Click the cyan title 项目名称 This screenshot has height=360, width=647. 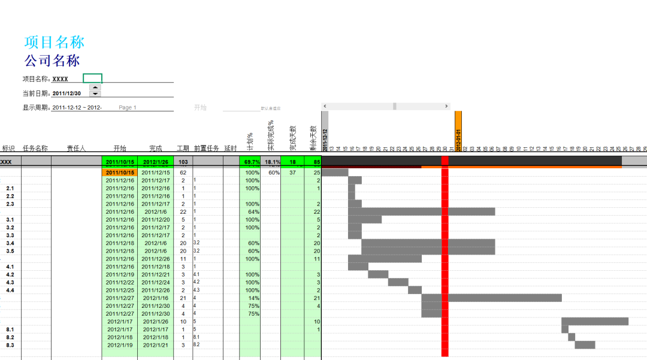point(55,42)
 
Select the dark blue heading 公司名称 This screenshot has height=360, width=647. point(52,60)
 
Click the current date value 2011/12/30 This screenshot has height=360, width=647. point(66,93)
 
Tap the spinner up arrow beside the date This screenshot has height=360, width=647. point(95,87)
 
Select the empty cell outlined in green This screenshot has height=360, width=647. point(92,78)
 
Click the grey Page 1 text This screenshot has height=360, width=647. point(128,108)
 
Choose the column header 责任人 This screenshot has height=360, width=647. point(76,149)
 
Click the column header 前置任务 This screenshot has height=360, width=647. point(206,149)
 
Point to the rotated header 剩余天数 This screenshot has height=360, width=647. point(312,138)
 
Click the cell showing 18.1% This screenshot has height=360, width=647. point(271,162)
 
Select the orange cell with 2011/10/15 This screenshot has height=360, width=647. point(120,173)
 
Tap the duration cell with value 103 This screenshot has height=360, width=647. point(183,162)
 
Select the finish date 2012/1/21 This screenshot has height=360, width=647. point(155,345)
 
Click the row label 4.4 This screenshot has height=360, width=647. point(10,290)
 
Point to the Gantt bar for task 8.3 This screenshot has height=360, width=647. point(585,345)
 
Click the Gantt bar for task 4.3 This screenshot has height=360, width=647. point(398,282)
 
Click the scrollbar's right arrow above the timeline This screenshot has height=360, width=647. point(447,106)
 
